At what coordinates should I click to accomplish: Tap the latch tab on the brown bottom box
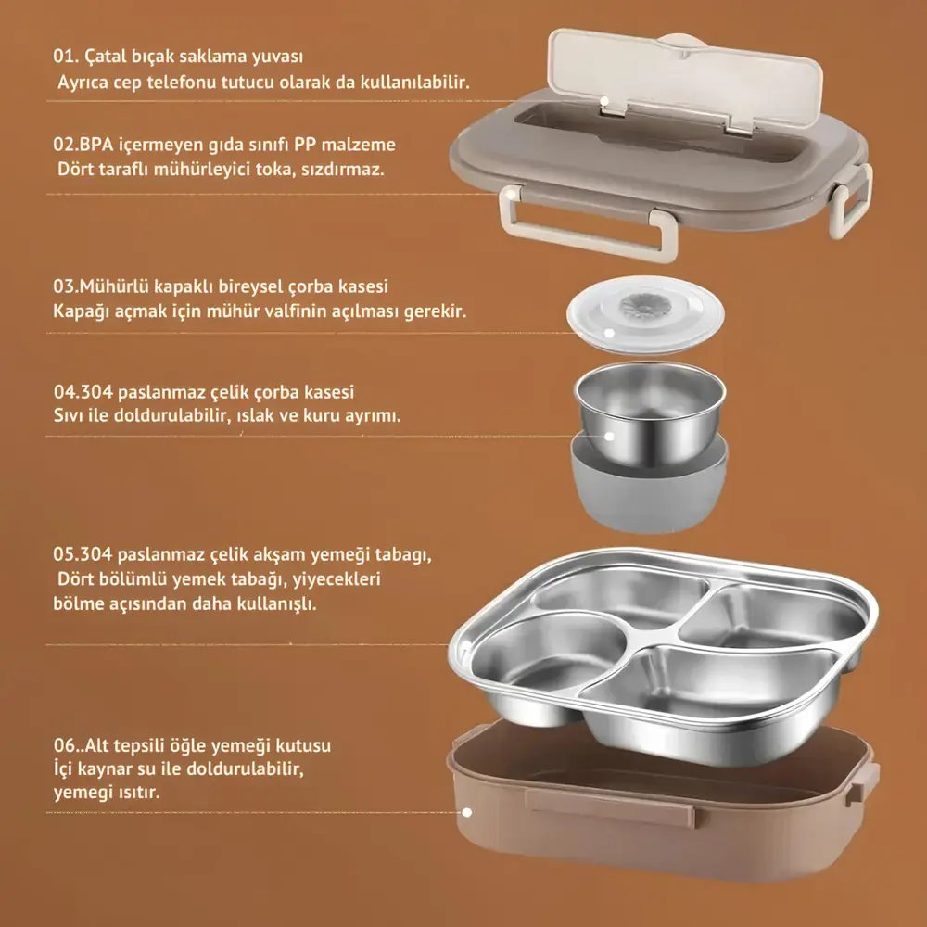tap(609, 808)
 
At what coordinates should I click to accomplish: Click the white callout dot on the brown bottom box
tap(467, 812)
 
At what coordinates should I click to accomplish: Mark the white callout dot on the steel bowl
tap(610, 435)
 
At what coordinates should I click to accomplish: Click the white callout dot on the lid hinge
tap(604, 101)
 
